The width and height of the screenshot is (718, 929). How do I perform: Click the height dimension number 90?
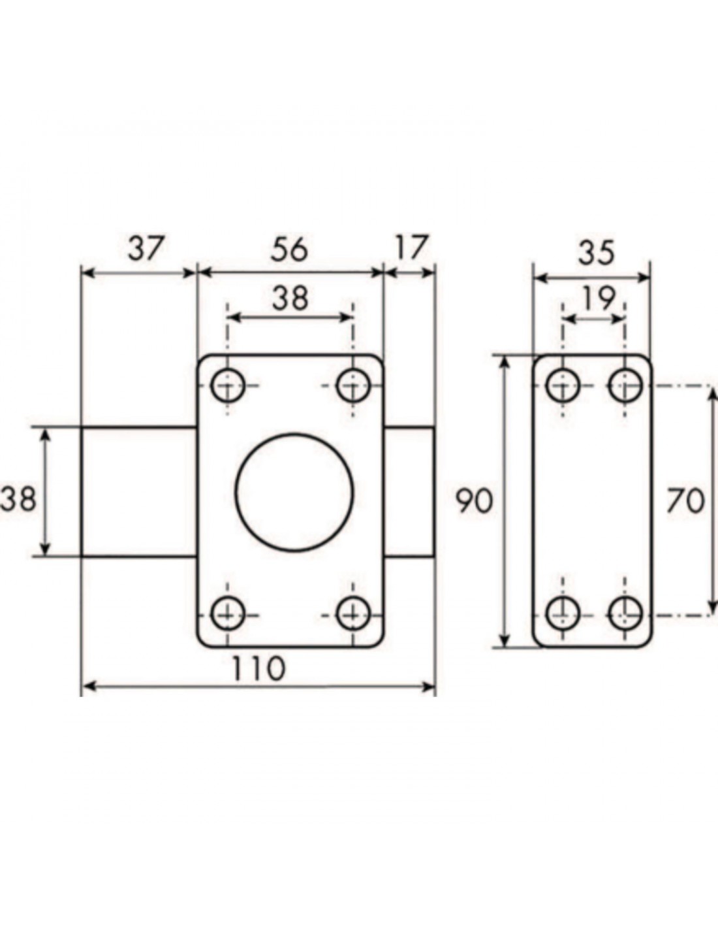point(475,501)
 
